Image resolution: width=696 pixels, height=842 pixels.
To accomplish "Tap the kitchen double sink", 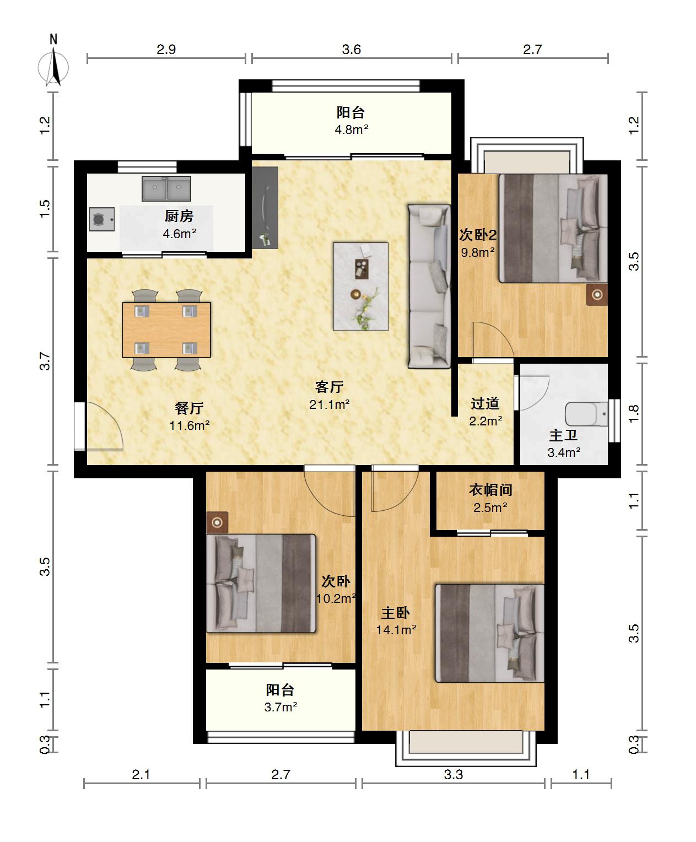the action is coord(166,188).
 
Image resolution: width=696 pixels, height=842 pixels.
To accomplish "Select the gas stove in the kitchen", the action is coord(101,219).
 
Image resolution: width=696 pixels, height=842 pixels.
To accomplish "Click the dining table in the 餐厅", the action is coord(166,330).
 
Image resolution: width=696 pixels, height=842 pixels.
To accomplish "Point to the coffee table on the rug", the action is coord(362,268).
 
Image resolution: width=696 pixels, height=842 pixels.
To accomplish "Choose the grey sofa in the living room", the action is coord(429,287).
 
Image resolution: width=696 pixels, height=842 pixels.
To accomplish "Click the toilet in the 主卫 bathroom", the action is coord(586,414).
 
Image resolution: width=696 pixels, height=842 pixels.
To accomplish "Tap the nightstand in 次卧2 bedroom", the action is coord(597,295).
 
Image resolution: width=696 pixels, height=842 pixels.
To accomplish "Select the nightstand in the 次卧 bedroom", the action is coord(217,522).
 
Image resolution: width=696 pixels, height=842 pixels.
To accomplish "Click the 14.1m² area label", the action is coord(396,629).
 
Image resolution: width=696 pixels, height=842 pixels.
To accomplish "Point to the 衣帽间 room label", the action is coord(490,490).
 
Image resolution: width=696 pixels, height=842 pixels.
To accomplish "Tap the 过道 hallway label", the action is coord(485,403).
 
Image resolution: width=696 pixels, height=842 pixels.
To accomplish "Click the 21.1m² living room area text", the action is coord(330,404).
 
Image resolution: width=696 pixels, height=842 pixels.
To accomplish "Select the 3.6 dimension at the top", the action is coord(351,50).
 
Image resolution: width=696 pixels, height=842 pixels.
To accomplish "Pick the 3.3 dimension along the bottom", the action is coord(453,775).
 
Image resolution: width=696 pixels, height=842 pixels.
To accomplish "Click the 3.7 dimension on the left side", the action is coord(45,361).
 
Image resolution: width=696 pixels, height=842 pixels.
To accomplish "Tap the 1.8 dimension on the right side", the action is coord(634,414).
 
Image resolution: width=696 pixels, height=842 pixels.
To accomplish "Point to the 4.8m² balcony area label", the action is coord(351,129).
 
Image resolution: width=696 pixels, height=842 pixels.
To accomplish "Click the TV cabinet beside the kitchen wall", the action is coord(265,208).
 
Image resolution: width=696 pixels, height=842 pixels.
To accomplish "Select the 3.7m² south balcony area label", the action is coord(280,707).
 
